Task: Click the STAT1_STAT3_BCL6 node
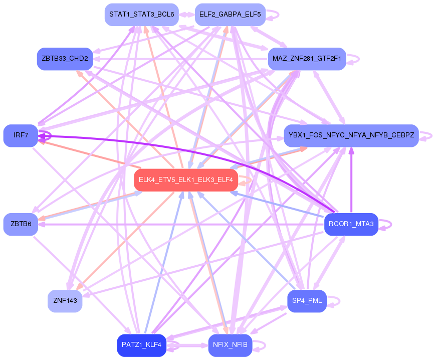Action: [141, 15]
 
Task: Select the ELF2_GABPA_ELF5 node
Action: [230, 15]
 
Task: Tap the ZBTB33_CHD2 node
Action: [65, 59]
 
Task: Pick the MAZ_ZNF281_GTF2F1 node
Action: [307, 59]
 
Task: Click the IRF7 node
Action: [21, 135]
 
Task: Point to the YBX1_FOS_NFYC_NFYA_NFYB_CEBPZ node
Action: [351, 135]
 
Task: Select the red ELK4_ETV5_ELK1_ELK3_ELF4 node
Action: [185, 180]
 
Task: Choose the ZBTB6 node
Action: [21, 224]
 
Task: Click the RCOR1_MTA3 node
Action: [351, 224]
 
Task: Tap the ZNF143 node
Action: [65, 301]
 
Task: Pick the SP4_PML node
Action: [307, 301]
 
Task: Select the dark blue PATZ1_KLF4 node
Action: [141, 345]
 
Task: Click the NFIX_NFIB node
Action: [230, 345]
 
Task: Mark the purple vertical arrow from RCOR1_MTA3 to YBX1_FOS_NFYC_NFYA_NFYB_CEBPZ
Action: [351, 181]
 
